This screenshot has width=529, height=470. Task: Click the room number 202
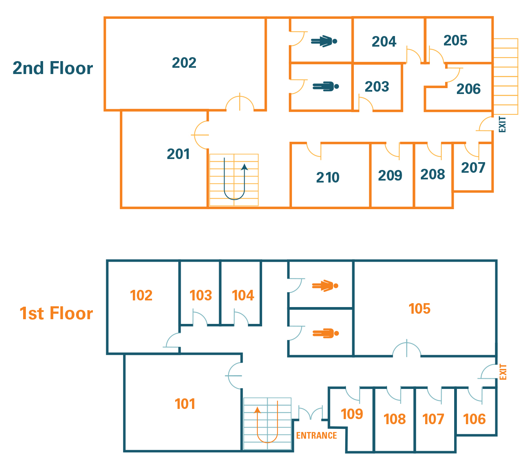pyautogui.click(x=184, y=63)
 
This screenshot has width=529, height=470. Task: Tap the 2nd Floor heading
pyautogui.click(x=53, y=68)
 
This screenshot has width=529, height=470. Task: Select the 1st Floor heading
pyautogui.click(x=56, y=313)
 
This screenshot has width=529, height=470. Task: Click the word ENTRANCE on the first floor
pyautogui.click(x=316, y=436)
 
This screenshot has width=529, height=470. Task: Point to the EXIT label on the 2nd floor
pyautogui.click(x=502, y=124)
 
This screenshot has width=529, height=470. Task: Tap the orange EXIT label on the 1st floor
pyautogui.click(x=503, y=372)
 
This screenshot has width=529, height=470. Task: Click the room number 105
pyautogui.click(x=419, y=309)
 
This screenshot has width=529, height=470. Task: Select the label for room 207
pyautogui.click(x=473, y=168)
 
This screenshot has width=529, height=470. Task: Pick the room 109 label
pyautogui.click(x=351, y=414)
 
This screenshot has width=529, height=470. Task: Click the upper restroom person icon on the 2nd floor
pyautogui.click(x=324, y=41)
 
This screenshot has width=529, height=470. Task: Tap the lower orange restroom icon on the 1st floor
pyautogui.click(x=325, y=333)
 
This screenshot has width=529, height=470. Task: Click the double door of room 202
pyautogui.click(x=240, y=103)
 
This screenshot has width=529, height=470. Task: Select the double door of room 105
pyautogui.click(x=407, y=349)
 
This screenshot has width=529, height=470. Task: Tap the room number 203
pyautogui.click(x=377, y=87)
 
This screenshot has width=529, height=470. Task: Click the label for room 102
pyautogui.click(x=141, y=295)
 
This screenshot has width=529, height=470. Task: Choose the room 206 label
pyautogui.click(x=468, y=89)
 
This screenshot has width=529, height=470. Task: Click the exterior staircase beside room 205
pyautogui.click(x=505, y=76)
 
